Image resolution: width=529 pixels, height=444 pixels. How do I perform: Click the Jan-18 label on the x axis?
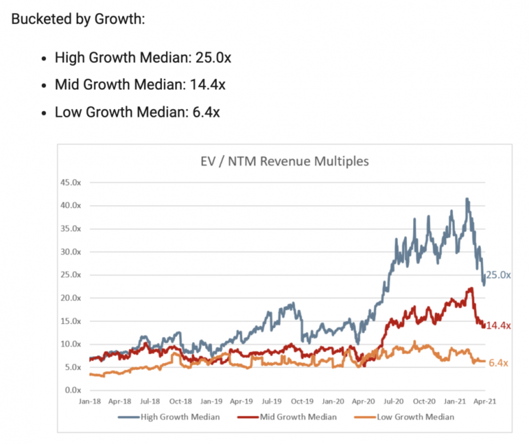(x=89, y=402)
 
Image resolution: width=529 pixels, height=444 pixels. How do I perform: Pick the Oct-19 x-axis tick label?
(x=301, y=402)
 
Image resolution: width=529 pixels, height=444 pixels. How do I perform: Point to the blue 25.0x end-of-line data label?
(x=498, y=275)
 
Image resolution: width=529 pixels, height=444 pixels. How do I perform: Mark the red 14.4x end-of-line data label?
(x=498, y=325)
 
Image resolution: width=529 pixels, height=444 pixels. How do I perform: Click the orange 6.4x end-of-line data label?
(x=497, y=362)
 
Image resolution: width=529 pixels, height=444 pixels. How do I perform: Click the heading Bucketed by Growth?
(x=78, y=18)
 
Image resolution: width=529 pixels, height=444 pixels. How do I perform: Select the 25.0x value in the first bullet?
(x=211, y=57)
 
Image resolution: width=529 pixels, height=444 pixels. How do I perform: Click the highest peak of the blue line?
(x=466, y=199)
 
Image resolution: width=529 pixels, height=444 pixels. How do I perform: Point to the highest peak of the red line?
(x=470, y=288)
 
